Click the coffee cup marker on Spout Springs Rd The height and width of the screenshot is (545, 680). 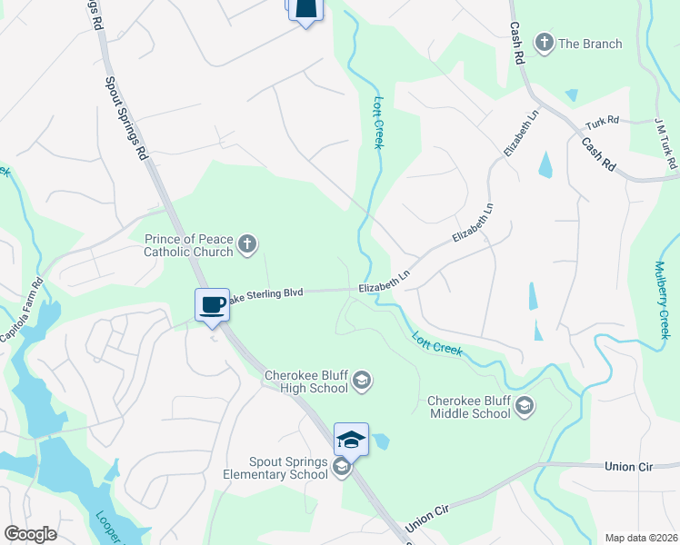point(212,304)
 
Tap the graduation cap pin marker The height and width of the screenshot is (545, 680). point(351,440)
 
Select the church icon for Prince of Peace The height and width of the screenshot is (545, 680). point(247,243)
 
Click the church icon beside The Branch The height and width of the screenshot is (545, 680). point(545,42)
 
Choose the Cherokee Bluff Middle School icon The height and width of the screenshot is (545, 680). point(524,405)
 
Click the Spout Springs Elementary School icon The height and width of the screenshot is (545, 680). point(342,468)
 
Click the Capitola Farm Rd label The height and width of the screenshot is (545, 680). point(22,310)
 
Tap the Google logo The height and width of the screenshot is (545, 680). point(30,534)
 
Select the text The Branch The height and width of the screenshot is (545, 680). point(590,44)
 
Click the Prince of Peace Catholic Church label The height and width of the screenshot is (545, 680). point(189,245)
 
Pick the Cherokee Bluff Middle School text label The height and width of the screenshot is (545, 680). point(469,406)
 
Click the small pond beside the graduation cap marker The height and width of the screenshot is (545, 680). point(381,442)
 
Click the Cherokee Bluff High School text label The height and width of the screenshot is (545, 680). point(306,381)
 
